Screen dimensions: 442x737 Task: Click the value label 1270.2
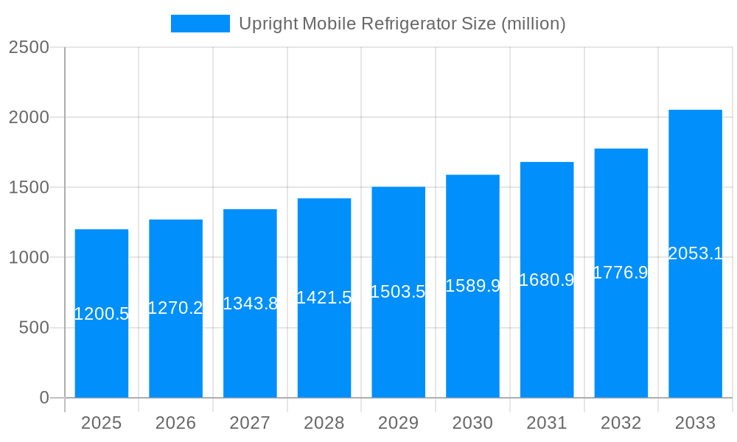(175, 308)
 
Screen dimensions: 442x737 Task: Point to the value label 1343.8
(250, 304)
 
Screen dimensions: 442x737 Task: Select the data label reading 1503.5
(398, 292)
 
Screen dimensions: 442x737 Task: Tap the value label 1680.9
(547, 280)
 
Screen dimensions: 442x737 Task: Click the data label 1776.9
(621, 273)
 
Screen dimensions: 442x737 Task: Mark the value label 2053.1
(695, 254)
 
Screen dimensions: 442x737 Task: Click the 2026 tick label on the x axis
(175, 423)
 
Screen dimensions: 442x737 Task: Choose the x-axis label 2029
(398, 423)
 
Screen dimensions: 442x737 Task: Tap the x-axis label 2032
(621, 423)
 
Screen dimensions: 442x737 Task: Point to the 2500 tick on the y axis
(29, 47)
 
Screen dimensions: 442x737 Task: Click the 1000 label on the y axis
(29, 258)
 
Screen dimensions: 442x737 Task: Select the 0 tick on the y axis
(44, 398)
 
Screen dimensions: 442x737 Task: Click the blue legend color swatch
(200, 24)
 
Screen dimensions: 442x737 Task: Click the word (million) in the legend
(533, 24)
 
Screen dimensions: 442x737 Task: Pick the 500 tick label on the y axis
(34, 328)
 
